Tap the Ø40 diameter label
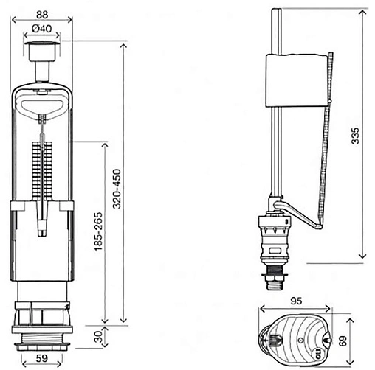point(42,29)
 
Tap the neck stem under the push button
point(42,71)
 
